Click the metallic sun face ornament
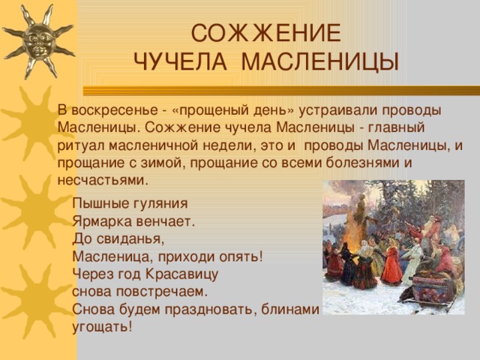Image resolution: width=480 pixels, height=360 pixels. click(38, 40)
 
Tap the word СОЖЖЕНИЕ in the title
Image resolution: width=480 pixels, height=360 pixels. click(265, 34)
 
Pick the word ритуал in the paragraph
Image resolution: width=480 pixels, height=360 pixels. click(78, 145)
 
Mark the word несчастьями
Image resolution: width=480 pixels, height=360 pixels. click(103, 181)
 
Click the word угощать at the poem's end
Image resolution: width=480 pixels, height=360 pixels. click(100, 327)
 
